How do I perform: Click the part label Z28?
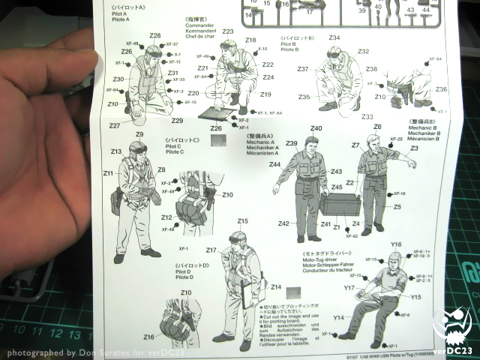click(155, 35)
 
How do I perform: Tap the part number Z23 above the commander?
click(228, 31)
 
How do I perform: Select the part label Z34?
click(334, 37)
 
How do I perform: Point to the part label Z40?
click(316, 128)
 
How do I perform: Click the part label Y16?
click(396, 244)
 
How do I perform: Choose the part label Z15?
click(242, 221)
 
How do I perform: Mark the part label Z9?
click(139, 134)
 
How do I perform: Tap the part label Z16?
click(149, 337)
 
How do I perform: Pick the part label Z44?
click(275, 164)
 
